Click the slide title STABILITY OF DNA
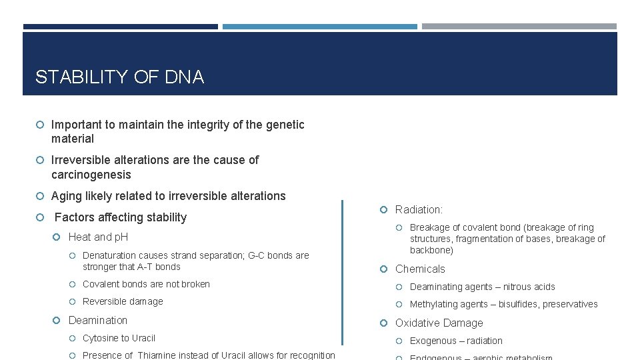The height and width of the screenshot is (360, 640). coord(119,77)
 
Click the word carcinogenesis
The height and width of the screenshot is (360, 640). coord(91,175)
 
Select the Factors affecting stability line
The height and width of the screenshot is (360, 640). coord(120,217)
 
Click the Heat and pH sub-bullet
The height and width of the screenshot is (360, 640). coord(98,237)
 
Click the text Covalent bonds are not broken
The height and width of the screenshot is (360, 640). coord(146,284)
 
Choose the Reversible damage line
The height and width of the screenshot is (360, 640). coord(123,301)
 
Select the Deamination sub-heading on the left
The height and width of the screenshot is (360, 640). coord(97,321)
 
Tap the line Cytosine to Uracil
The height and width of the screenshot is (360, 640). coord(119,338)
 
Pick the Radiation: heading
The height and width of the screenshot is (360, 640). coord(419,210)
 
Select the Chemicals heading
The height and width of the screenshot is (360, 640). coord(420,269)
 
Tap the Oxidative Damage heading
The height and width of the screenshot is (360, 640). coord(439,323)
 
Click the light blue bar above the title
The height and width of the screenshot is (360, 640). coord(319,27)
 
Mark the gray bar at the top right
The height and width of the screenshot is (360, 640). coord(519,27)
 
